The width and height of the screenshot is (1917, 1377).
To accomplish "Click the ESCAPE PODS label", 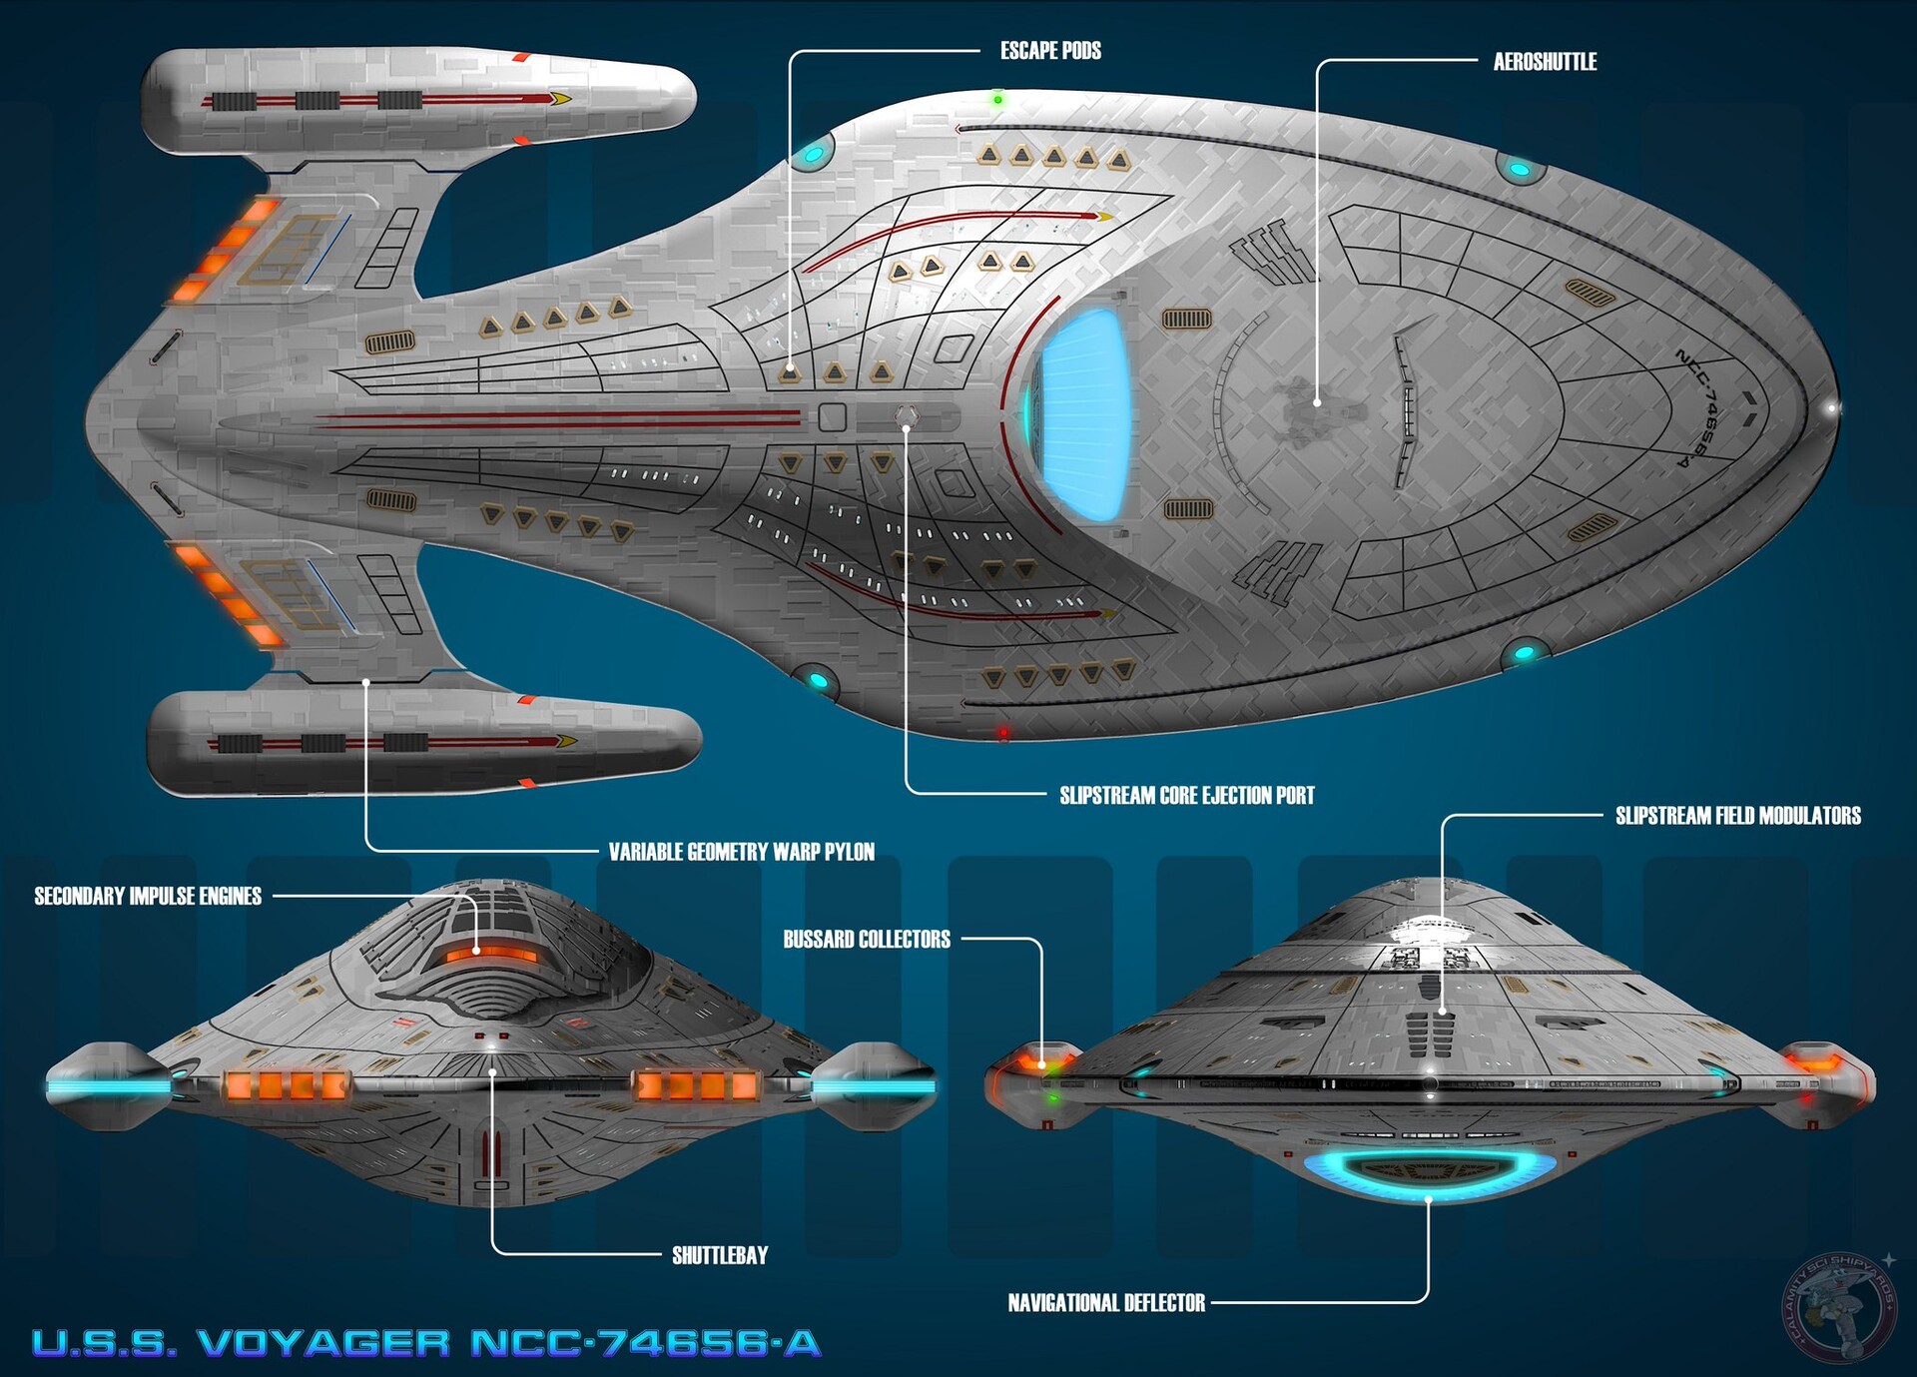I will [1050, 51].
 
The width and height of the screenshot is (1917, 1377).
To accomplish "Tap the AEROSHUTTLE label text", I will [1545, 62].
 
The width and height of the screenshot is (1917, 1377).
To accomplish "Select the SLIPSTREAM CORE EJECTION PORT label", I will [1186, 796].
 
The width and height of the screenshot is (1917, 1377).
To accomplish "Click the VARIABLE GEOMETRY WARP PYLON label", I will [741, 852].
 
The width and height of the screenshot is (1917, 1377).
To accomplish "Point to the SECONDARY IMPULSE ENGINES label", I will [148, 897].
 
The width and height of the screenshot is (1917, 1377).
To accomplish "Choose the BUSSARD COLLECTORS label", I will [866, 940].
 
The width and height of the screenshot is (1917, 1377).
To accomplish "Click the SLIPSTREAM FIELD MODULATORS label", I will [1737, 816].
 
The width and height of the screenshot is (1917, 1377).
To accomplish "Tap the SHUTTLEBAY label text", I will [719, 1255].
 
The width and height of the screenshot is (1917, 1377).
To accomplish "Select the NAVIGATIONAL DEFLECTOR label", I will [1106, 1303].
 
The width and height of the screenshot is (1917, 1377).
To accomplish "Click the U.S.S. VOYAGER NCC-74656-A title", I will [426, 1343].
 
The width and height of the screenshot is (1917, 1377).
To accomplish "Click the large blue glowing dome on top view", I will [1083, 413].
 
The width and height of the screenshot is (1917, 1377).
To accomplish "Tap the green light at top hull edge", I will [997, 100].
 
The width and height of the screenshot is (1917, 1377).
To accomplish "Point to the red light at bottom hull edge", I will [1003, 733].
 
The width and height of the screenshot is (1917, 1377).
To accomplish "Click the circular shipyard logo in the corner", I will [1839, 1307].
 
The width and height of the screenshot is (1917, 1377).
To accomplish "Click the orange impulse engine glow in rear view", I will [489, 956].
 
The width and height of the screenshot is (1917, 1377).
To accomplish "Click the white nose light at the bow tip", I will [1832, 408].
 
